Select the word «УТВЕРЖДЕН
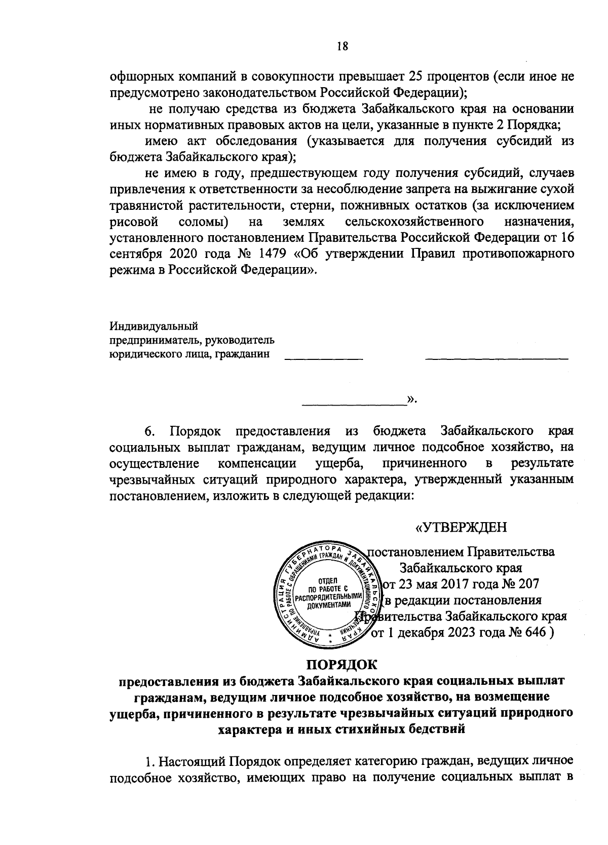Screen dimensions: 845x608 461,528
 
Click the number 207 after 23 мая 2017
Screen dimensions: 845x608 527,584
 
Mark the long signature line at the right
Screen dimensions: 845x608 497,358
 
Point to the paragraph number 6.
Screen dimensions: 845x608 149,431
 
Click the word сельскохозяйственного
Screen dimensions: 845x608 412,222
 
